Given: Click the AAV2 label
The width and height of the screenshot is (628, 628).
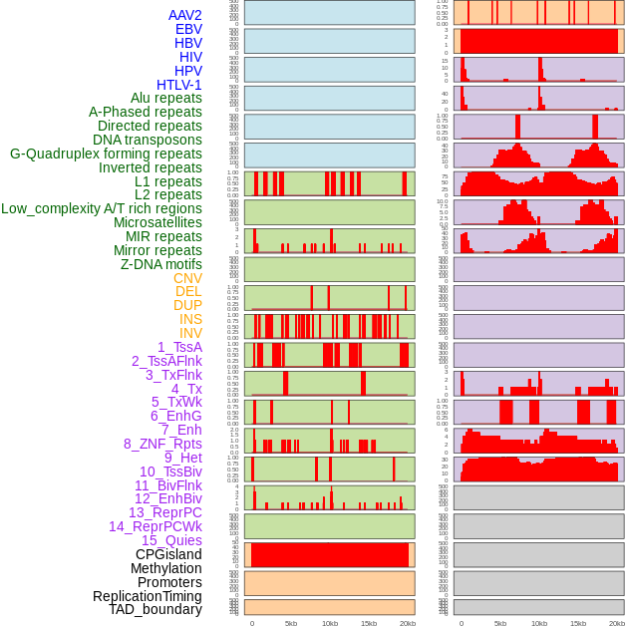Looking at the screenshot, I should pos(185,15).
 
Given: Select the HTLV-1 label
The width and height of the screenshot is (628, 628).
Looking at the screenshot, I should pos(179,85).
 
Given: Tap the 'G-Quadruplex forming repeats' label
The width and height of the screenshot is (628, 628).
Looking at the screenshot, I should pos(106,154).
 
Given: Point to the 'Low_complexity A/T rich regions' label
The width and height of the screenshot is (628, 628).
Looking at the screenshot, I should pos(102,208).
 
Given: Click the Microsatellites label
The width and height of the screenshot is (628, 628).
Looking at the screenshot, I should pos(157,222).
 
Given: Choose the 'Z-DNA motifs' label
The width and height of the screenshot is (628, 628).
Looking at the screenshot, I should pos(161,264).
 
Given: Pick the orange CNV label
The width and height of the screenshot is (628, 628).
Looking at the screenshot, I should pos(187,278).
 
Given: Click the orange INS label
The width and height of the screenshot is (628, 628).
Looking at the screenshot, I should pos(190,319).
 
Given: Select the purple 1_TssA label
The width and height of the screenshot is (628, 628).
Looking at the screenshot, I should pos(179,347).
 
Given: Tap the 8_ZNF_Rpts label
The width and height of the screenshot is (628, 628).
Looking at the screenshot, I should pos(162,444).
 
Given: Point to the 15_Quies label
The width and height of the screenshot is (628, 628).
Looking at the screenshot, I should pos(172,540).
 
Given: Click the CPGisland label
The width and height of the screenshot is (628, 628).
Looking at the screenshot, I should pos(168,554).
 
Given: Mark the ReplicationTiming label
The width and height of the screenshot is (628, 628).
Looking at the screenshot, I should pos(147,596).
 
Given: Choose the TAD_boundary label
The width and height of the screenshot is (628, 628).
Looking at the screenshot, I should pos(156,609).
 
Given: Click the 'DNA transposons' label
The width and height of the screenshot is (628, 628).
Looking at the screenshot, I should pos(148,140).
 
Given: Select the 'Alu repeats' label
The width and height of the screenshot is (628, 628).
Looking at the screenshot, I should pos(166,98).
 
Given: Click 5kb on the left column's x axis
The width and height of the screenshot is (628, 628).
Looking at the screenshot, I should pos(291,623).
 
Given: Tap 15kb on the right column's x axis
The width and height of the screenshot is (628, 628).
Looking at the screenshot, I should pos(578,623).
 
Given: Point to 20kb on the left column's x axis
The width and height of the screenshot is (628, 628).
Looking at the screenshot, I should pos(408,623).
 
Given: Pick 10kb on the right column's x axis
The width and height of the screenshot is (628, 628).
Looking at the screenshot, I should pos(539,623).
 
